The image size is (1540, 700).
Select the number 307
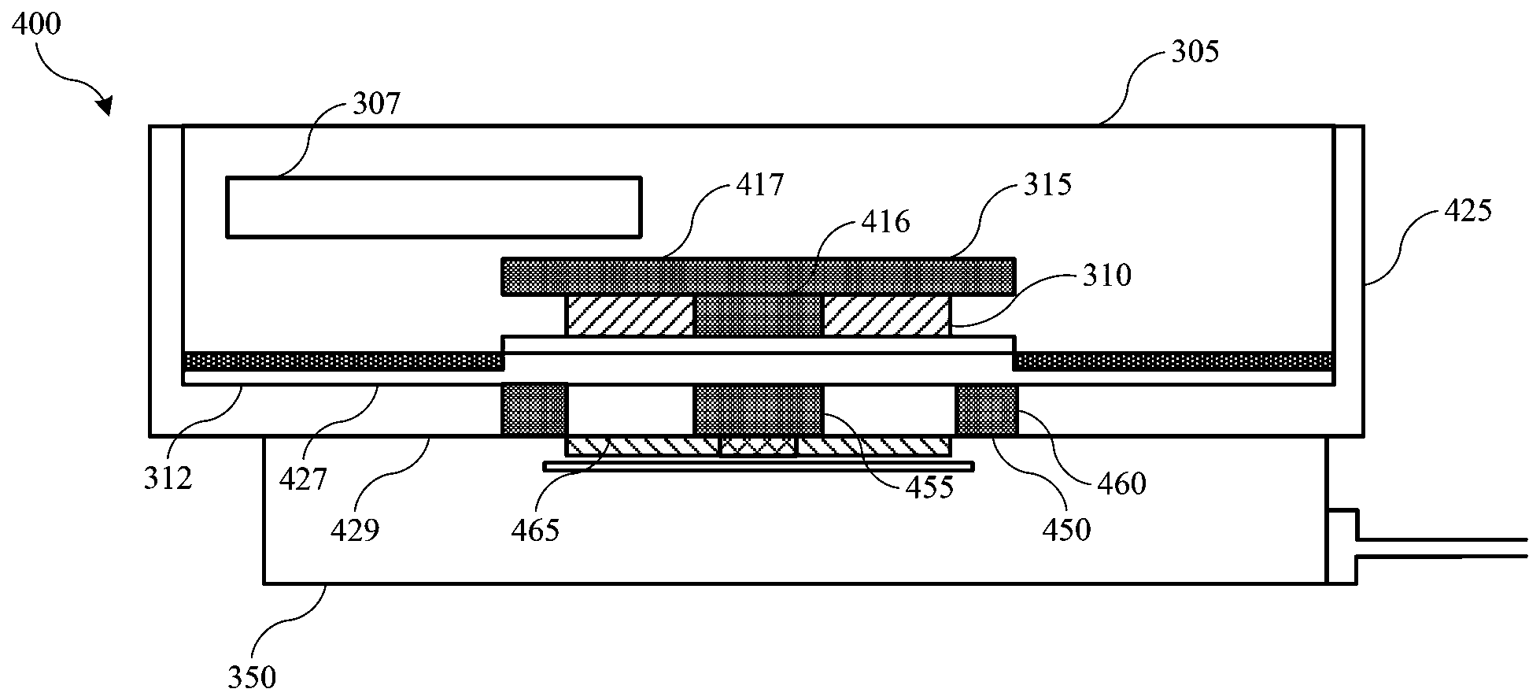coord(377,104)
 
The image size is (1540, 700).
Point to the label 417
coord(761,185)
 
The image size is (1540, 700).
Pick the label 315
coord(1048,185)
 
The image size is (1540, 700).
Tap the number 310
coord(1107,276)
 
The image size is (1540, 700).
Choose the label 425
coord(1468,210)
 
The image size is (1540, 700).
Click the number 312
coord(168,478)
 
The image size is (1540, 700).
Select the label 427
coord(303,478)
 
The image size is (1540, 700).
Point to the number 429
coord(354,529)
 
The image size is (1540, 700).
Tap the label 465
coord(535,529)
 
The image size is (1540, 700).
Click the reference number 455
coord(929,487)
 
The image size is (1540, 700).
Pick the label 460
coord(1121,483)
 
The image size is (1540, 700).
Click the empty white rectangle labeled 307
coord(433,206)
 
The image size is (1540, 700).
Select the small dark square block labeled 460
coord(986,409)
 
